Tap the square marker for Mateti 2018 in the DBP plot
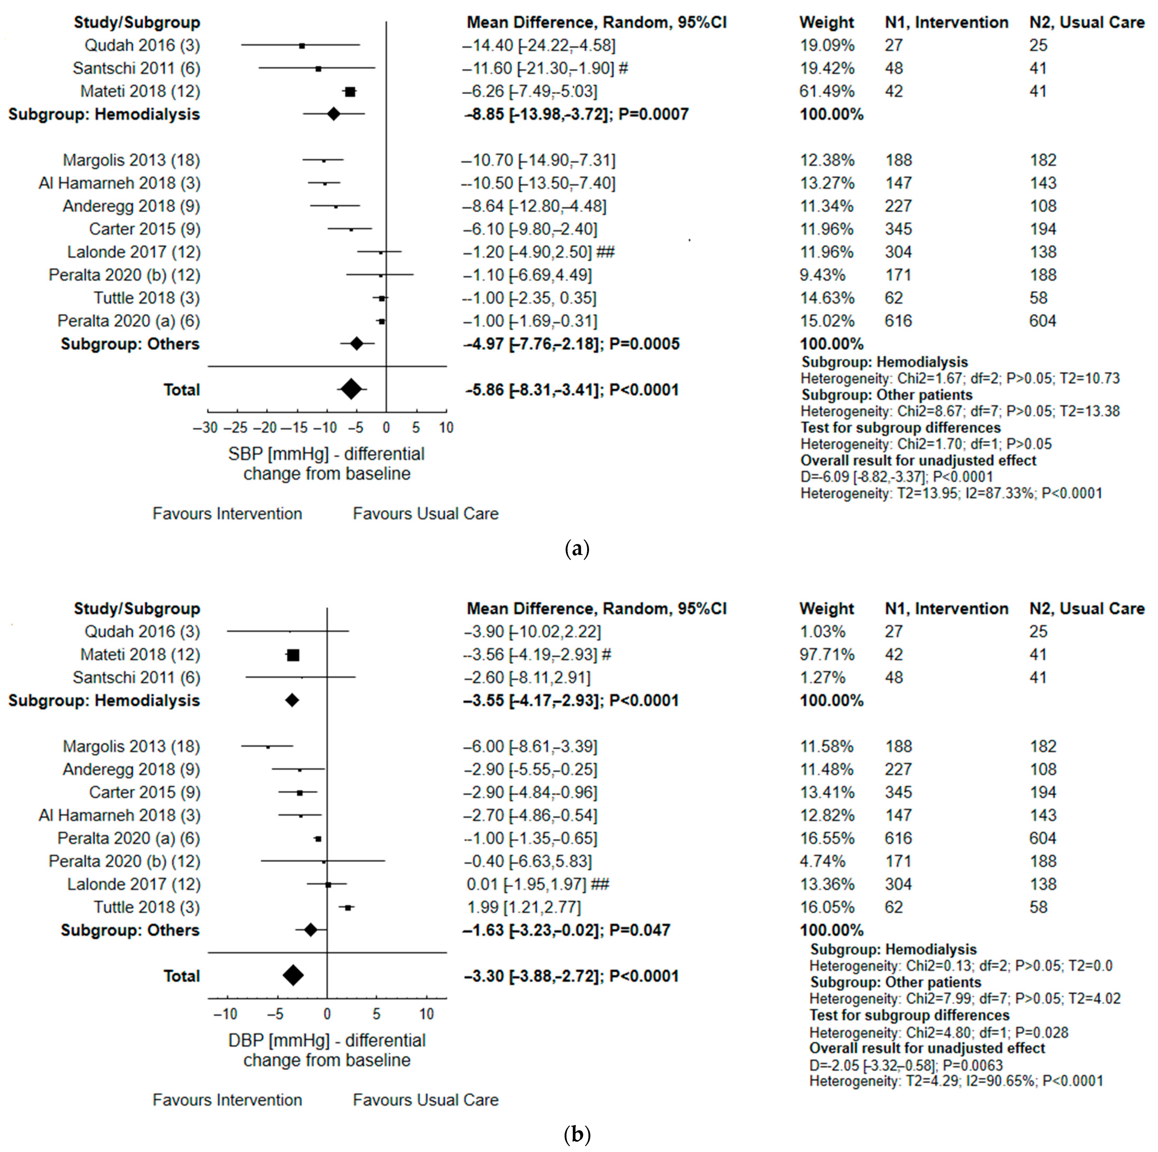[293, 655]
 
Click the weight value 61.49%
[827, 91]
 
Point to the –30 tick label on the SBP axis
[205, 428]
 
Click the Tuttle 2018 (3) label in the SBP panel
[147, 298]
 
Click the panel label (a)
[577, 549]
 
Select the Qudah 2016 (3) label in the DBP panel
[142, 631]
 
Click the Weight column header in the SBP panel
[827, 23]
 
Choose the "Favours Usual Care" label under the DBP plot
[425, 1100]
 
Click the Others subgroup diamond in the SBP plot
[357, 344]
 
